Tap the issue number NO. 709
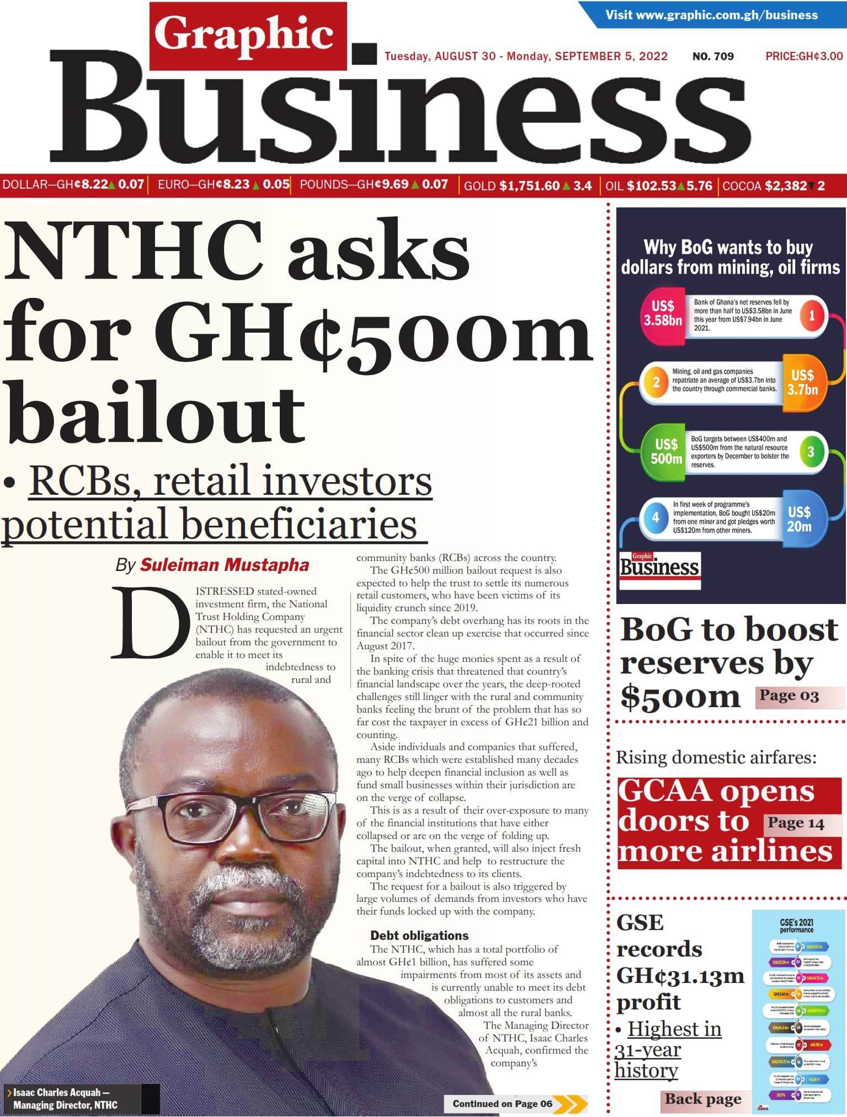click(x=713, y=56)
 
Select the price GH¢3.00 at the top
click(x=804, y=56)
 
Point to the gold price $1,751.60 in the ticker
click(x=529, y=186)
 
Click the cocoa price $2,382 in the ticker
click(x=786, y=186)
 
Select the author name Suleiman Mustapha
click(x=224, y=565)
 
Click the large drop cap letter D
click(x=150, y=623)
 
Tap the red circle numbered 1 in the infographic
click(x=812, y=316)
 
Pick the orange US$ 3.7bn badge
click(x=803, y=383)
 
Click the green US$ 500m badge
click(x=665, y=452)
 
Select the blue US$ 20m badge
click(x=799, y=519)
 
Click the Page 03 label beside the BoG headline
click(x=789, y=696)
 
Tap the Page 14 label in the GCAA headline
click(x=796, y=824)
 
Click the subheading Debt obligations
click(x=419, y=936)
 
